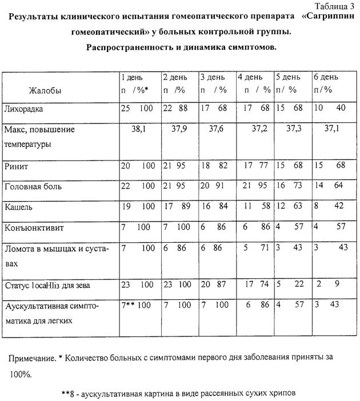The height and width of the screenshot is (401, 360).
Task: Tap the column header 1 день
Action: (x=131, y=77)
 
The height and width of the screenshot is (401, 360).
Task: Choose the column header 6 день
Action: (x=325, y=77)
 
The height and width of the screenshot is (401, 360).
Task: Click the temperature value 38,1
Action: (x=139, y=130)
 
